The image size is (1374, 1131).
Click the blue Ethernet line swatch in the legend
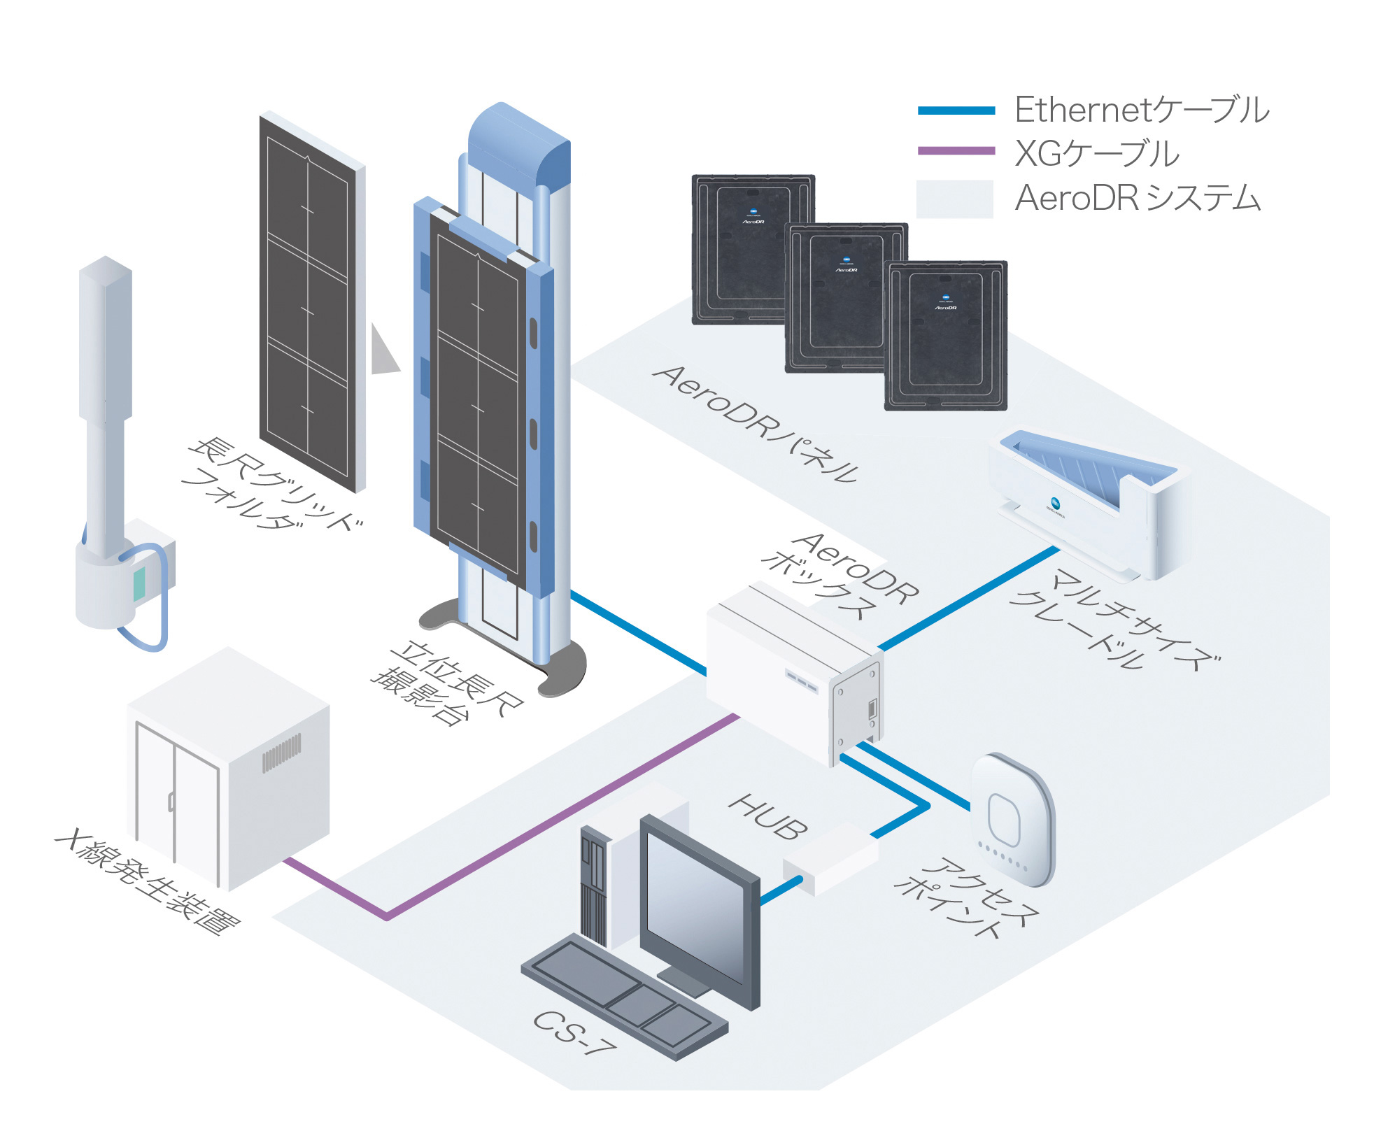click(x=956, y=111)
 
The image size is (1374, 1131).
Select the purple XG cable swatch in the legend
click(x=956, y=150)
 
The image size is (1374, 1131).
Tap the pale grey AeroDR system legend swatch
click(x=954, y=199)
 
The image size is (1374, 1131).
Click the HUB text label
click(x=768, y=816)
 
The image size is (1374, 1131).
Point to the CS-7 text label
click(x=574, y=1032)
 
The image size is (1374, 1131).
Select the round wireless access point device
click(x=1012, y=820)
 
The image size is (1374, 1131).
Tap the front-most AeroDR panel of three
click(x=946, y=336)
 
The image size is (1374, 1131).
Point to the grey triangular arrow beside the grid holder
click(x=383, y=350)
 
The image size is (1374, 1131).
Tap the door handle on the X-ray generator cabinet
click(x=171, y=801)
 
